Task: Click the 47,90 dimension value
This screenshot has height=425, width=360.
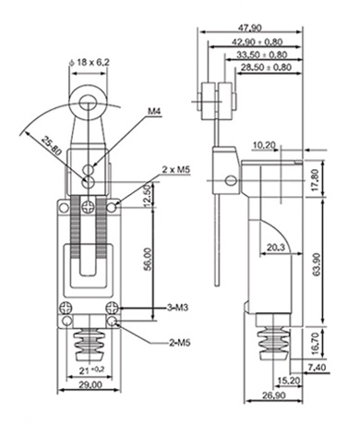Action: pos(250,28)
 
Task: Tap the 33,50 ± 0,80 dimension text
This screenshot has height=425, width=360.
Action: pos(261,55)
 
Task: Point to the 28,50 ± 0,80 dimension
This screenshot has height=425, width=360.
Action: pos(266,67)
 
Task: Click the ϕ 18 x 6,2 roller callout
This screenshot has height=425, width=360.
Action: pos(89,63)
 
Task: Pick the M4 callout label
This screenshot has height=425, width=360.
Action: pos(154,111)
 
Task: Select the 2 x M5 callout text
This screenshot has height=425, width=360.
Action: pos(176,169)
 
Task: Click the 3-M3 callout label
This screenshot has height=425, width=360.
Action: pos(177,308)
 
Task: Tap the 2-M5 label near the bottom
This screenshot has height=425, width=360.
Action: pos(180,343)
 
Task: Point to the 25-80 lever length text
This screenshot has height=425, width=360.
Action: pos(52,145)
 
